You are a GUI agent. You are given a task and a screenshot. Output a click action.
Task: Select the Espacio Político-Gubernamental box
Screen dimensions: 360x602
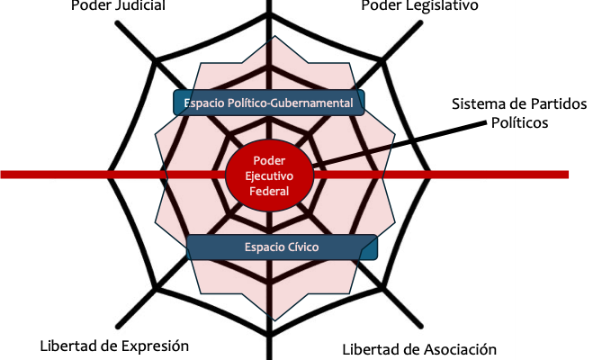[x=268, y=103]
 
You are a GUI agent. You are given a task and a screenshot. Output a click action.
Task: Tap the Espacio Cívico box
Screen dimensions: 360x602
[x=282, y=247]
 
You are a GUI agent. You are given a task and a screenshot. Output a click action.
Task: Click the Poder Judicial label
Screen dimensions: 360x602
[x=117, y=6]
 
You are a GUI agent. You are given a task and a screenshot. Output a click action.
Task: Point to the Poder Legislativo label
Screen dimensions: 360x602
[x=419, y=6]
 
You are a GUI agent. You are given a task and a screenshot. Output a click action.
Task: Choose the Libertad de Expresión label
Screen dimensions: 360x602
[x=115, y=345]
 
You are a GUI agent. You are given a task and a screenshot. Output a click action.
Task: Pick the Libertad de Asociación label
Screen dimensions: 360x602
[x=419, y=349]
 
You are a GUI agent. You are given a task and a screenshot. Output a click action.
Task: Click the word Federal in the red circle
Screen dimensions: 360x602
[x=268, y=190]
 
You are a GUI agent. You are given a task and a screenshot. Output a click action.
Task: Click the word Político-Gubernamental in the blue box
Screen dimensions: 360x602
[x=292, y=103]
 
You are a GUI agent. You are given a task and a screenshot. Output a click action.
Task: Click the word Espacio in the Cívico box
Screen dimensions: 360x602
[x=265, y=247]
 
